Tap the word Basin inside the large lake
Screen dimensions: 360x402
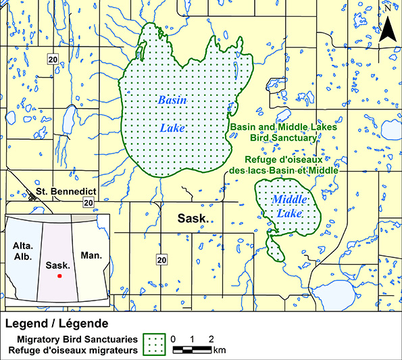172,100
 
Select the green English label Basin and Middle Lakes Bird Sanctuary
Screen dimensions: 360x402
273,132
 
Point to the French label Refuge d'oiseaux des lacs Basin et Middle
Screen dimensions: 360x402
291,165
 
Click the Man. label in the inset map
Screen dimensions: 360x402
91,256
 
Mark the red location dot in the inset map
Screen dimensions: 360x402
59,276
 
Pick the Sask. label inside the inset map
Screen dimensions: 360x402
58,265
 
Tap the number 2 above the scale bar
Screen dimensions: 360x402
211,338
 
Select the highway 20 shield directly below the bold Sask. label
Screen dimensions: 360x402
161,259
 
